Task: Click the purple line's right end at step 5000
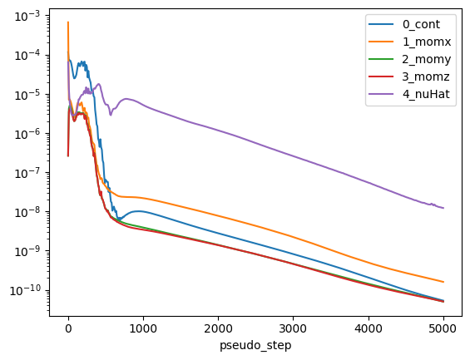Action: click(x=443, y=208)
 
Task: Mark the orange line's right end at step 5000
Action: click(x=443, y=282)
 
